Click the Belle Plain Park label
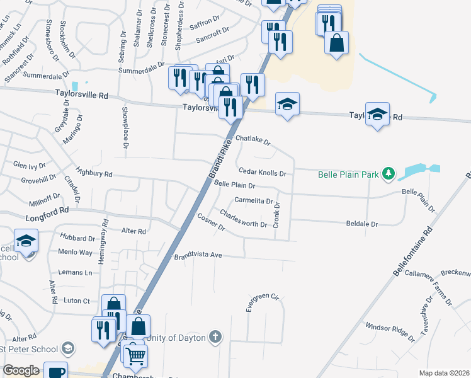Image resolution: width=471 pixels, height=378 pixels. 349,174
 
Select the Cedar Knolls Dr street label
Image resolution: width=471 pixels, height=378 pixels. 263,173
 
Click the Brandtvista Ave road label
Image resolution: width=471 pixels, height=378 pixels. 199,256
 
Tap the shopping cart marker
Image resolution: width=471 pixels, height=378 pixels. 135,357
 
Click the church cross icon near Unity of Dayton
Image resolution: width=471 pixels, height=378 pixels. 215,337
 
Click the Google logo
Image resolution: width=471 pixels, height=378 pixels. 21,370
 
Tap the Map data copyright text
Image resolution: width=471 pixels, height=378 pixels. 445,373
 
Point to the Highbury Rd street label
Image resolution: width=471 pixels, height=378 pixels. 93,171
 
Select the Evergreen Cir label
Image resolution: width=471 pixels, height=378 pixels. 262,301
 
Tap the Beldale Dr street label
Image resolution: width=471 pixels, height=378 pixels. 362,224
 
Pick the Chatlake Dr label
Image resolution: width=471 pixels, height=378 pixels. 253,140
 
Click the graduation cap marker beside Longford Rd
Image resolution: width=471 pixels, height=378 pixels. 26,241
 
